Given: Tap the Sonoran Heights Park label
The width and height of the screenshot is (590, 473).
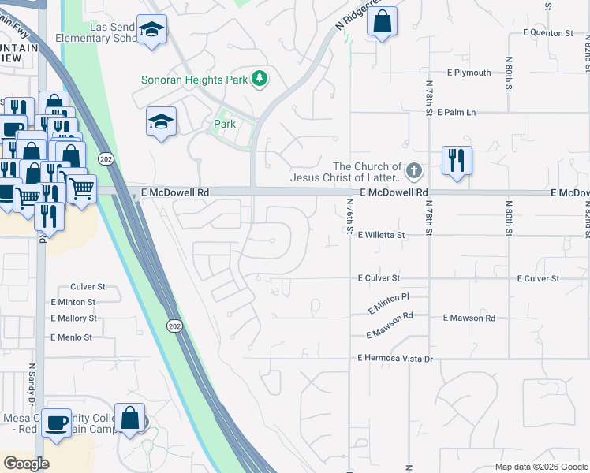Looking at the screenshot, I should (195, 79).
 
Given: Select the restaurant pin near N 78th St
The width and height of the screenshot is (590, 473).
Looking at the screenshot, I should (456, 160).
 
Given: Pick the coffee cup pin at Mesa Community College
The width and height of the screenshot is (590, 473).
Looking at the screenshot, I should (58, 422).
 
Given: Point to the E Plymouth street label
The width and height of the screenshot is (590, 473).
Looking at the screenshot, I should (469, 73).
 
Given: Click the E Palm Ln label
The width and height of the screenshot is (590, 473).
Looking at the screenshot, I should (461, 113).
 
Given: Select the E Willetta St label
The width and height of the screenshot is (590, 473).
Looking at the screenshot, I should (380, 235).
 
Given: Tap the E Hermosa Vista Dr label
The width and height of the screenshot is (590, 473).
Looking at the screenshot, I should (395, 359).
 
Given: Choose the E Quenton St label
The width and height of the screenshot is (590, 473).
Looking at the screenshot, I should (548, 33).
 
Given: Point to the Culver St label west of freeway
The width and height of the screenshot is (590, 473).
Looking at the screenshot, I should (88, 287).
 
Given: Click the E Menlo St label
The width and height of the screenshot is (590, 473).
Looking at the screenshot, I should (71, 337).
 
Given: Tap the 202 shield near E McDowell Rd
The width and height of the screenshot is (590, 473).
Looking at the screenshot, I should (104, 159).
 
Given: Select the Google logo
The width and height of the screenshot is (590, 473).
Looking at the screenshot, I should (26, 464).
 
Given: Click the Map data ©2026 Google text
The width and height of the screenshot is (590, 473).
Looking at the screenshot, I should (540, 467).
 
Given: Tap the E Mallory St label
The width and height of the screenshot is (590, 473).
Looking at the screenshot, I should (73, 318).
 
